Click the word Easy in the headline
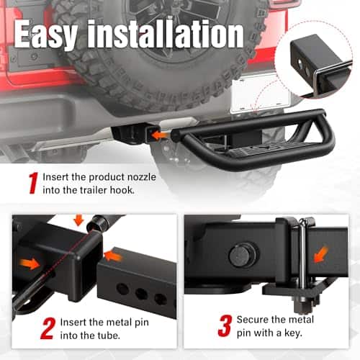point(46,35)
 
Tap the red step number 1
point(34,183)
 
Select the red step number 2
point(48,328)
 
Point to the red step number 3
point(225,325)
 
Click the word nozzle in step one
point(141,177)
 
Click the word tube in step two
point(109,336)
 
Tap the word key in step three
point(293,333)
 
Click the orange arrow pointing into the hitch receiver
point(160,135)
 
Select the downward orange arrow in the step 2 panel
point(78,220)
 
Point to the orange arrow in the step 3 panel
point(321,255)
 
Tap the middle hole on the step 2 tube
point(141,293)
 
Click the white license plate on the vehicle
point(261,94)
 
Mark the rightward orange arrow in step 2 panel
point(30,264)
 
